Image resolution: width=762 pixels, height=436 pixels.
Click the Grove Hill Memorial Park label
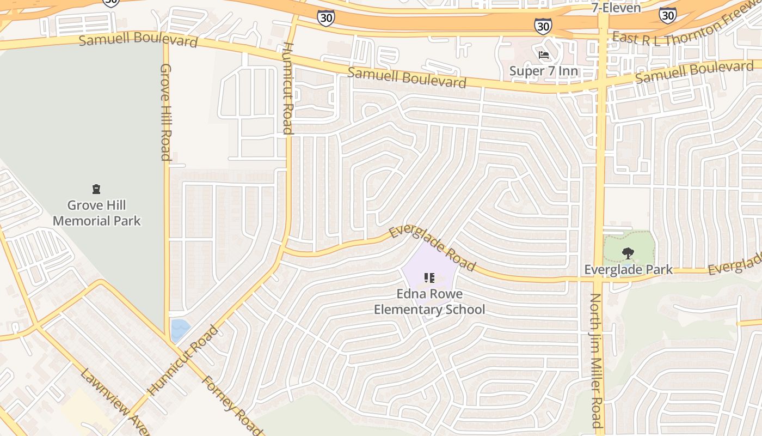click(x=96, y=213)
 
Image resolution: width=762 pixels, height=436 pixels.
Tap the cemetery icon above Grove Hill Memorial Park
click(x=96, y=190)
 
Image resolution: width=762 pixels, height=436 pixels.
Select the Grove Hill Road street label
click(x=166, y=112)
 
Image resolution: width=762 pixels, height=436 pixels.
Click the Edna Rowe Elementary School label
click(x=429, y=302)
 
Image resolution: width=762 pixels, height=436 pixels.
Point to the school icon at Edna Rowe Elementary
click(x=429, y=278)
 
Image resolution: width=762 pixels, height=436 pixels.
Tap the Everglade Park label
click(x=628, y=269)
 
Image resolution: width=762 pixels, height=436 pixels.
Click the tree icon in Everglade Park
click(x=628, y=253)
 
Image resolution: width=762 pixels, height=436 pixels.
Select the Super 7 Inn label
click(x=543, y=71)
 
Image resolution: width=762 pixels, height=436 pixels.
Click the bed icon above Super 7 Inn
click(x=543, y=55)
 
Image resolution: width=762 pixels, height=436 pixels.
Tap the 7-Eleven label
click(x=616, y=8)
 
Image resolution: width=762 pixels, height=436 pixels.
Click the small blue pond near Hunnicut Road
click(x=180, y=330)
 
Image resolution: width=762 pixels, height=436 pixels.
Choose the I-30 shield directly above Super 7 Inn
click(x=543, y=25)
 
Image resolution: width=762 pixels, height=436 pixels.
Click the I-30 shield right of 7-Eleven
click(x=667, y=15)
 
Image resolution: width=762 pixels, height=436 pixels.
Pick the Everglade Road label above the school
click(x=433, y=249)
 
